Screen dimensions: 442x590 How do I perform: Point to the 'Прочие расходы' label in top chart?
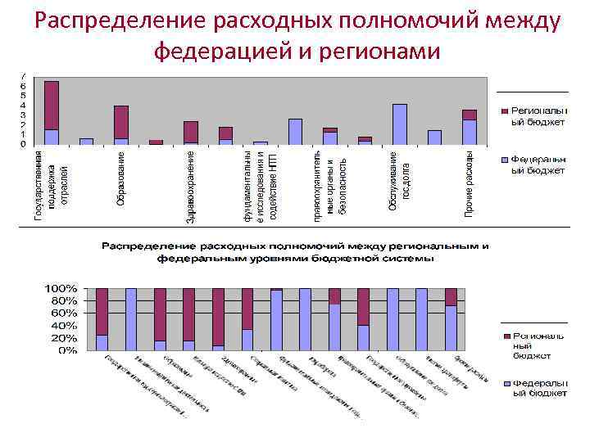click(x=469, y=185)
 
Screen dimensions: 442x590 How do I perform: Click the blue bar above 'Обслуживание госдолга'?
click(x=399, y=124)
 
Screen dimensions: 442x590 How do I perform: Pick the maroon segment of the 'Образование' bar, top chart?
click(x=120, y=122)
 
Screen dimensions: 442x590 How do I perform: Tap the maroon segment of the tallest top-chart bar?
click(x=51, y=105)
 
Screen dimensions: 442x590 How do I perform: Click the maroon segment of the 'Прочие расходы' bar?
click(x=469, y=115)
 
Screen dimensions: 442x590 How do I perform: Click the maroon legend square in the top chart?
click(x=504, y=110)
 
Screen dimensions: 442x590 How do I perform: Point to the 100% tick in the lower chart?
click(x=61, y=289)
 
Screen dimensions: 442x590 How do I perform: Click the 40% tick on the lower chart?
click(x=65, y=326)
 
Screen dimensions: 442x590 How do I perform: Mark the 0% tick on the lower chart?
click(x=68, y=350)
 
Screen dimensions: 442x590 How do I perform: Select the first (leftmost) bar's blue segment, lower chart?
click(x=102, y=343)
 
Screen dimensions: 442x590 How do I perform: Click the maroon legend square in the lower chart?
click(x=505, y=336)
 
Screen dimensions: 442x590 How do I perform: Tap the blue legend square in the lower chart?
click(x=505, y=383)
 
